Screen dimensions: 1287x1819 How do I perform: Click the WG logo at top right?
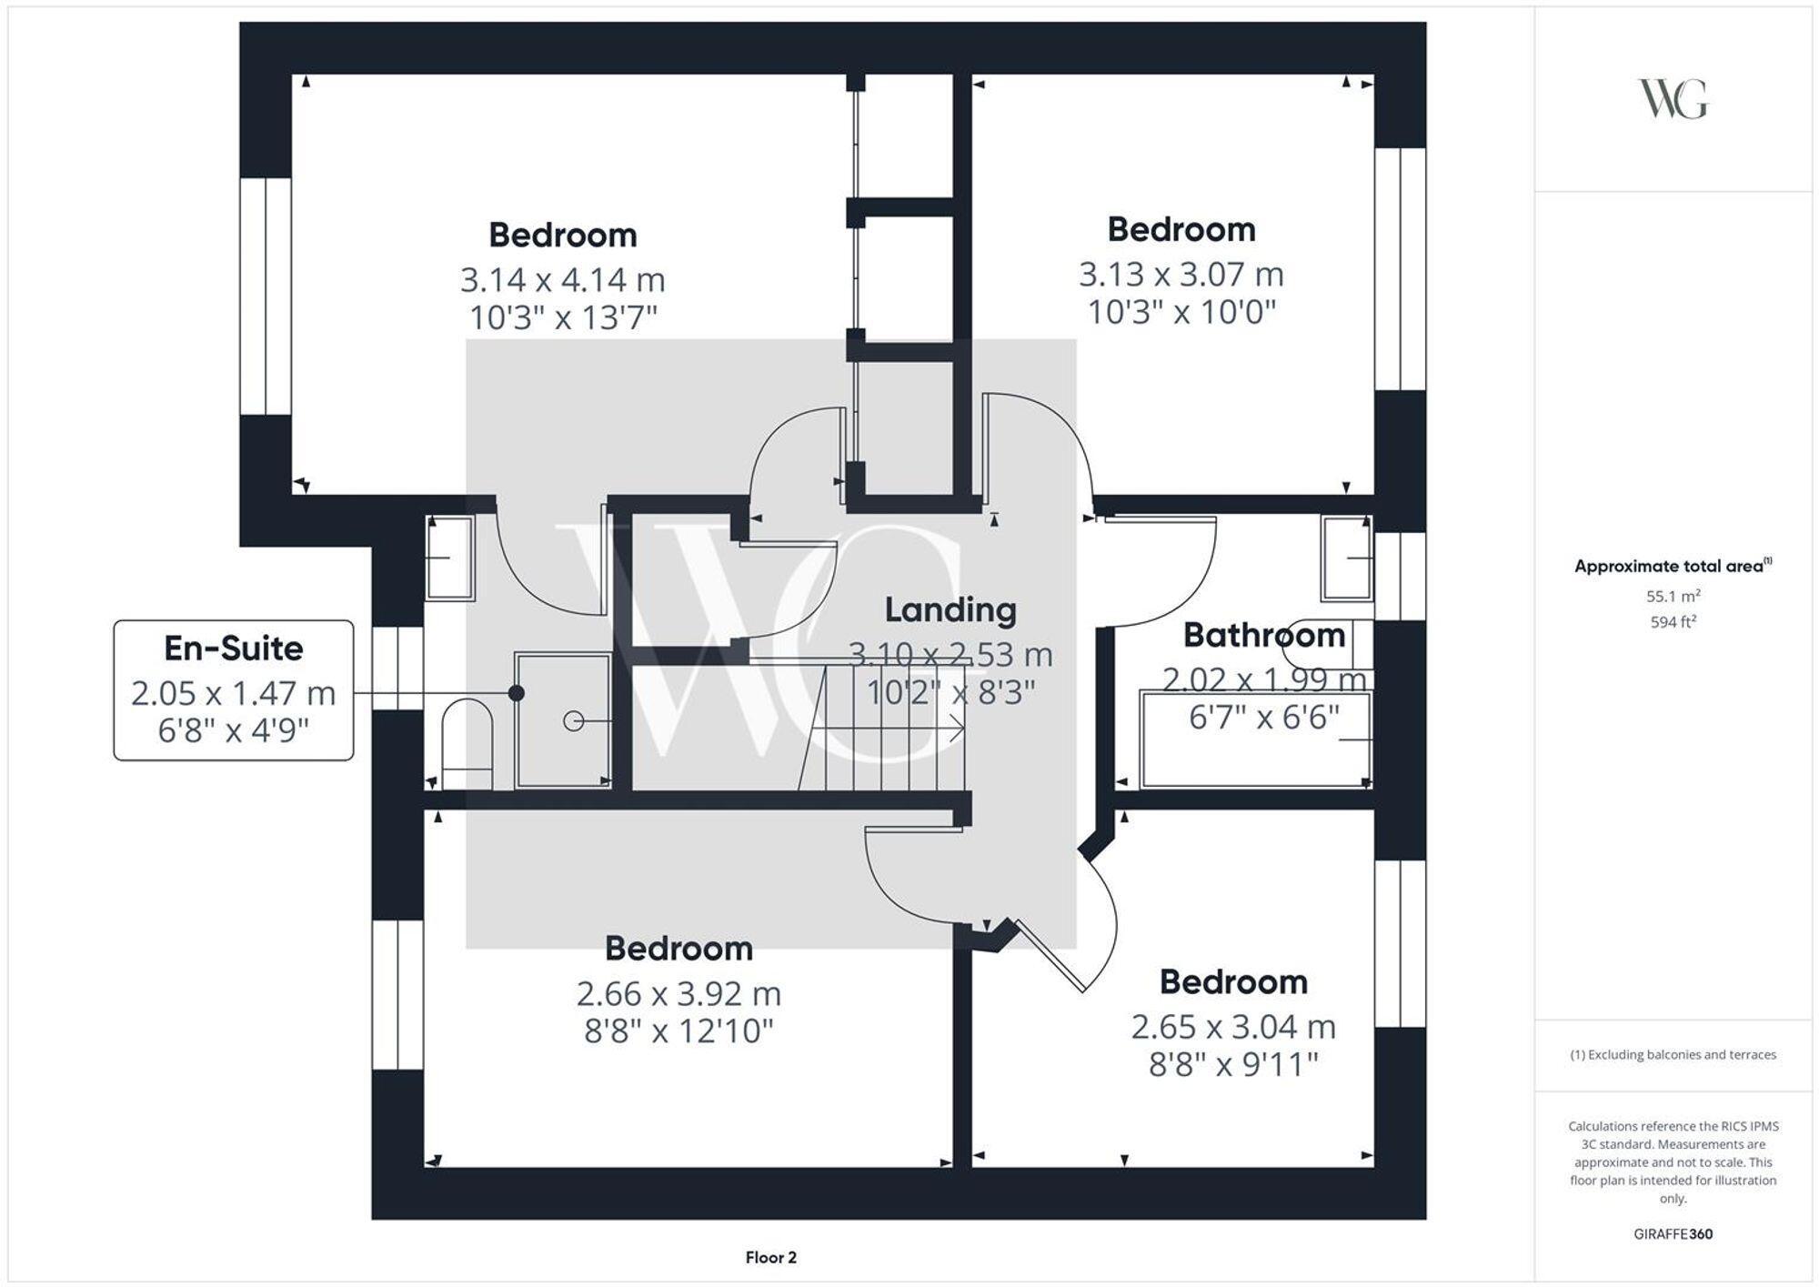(1673, 99)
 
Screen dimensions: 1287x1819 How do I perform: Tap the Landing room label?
(950, 610)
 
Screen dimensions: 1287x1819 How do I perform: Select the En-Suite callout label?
(234, 649)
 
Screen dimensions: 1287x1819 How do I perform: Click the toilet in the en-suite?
(467, 741)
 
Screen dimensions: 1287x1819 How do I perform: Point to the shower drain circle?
(573, 721)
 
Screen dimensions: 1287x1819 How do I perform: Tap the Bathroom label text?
(1263, 635)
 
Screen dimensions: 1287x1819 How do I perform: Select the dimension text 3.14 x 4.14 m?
(562, 279)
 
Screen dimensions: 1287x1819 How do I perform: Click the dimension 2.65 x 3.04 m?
(1232, 1027)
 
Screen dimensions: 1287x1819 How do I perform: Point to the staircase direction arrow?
(955, 728)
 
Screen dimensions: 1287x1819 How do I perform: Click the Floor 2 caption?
(770, 1258)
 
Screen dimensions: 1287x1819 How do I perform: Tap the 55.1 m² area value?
(1673, 597)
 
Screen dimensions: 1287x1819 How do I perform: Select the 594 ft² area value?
(1673, 622)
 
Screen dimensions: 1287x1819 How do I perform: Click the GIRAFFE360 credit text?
(1673, 1234)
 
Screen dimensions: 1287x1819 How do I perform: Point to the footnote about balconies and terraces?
(1673, 1055)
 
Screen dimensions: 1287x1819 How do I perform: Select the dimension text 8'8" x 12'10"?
(678, 1031)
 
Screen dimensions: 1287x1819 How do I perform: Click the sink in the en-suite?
(449, 558)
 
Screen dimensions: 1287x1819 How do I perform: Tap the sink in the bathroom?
(1347, 558)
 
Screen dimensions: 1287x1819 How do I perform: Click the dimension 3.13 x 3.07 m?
(1181, 274)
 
